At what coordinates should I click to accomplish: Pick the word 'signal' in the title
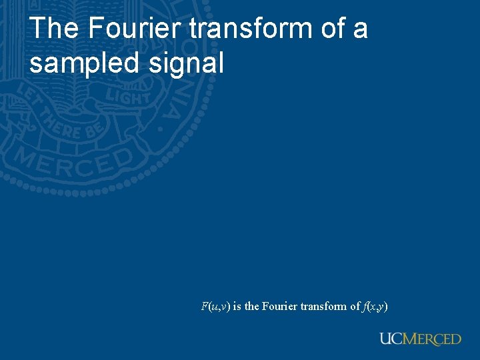click(x=193, y=64)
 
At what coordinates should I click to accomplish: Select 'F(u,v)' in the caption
click(x=215, y=307)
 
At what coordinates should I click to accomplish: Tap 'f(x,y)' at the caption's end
click(x=376, y=307)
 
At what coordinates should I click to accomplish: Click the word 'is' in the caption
click(x=237, y=307)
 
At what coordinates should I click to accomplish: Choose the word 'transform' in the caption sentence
click(x=324, y=307)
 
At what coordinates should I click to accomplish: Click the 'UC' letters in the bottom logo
click(x=391, y=339)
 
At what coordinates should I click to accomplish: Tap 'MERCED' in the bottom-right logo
click(x=432, y=339)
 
